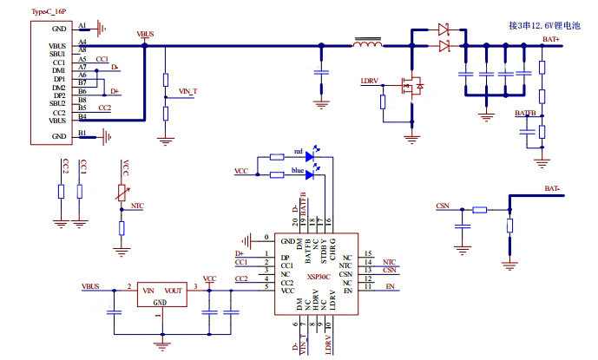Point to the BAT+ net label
click(x=550, y=39)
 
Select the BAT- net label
click(x=552, y=188)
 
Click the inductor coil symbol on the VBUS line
click(x=370, y=44)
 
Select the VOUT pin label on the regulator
click(x=173, y=291)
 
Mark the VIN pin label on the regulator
click(x=148, y=291)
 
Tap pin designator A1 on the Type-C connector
click(x=82, y=26)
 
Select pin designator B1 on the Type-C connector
click(x=82, y=133)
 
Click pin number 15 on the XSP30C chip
click(x=368, y=253)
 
